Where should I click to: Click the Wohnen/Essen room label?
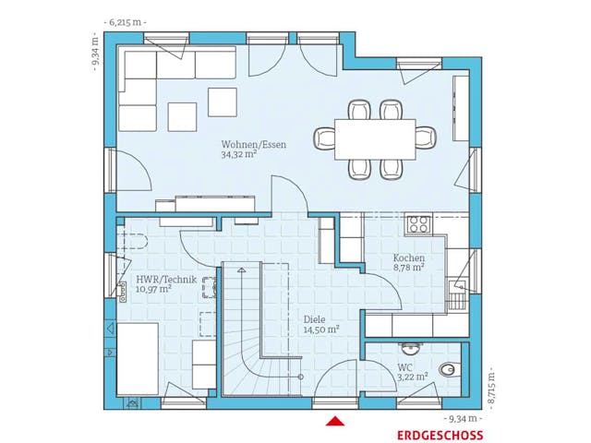click(254, 145)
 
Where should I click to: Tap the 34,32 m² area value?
click(239, 155)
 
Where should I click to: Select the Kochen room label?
click(409, 258)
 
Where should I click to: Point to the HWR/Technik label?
click(166, 280)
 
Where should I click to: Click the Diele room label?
click(314, 320)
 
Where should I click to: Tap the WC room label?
click(404, 367)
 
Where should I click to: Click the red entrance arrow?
click(335, 421)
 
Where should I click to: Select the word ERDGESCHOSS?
click(440, 436)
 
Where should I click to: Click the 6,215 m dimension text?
click(126, 22)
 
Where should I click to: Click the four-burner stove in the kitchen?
click(419, 223)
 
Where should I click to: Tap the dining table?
click(375, 139)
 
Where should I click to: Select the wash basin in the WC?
click(410, 348)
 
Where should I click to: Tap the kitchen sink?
click(458, 289)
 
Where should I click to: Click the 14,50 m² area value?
click(321, 330)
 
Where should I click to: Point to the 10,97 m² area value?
click(154, 289)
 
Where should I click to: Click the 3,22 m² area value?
click(413, 377)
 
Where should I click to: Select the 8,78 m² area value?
click(409, 268)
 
